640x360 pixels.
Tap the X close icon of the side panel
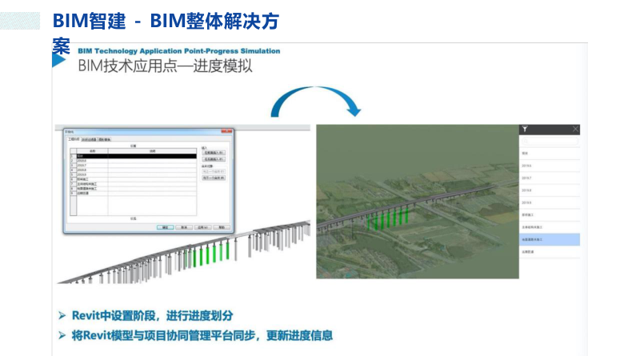pos(575,129)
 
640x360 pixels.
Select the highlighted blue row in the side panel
pos(550,239)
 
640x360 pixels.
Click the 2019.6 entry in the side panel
pos(550,166)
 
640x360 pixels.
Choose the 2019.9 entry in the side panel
pos(550,202)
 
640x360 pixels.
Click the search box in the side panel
pos(550,141)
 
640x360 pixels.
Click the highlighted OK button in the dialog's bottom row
pos(165,227)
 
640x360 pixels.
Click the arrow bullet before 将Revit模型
pos(62,336)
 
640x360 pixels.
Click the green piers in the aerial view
pos(388,217)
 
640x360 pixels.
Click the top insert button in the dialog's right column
pos(214,152)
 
